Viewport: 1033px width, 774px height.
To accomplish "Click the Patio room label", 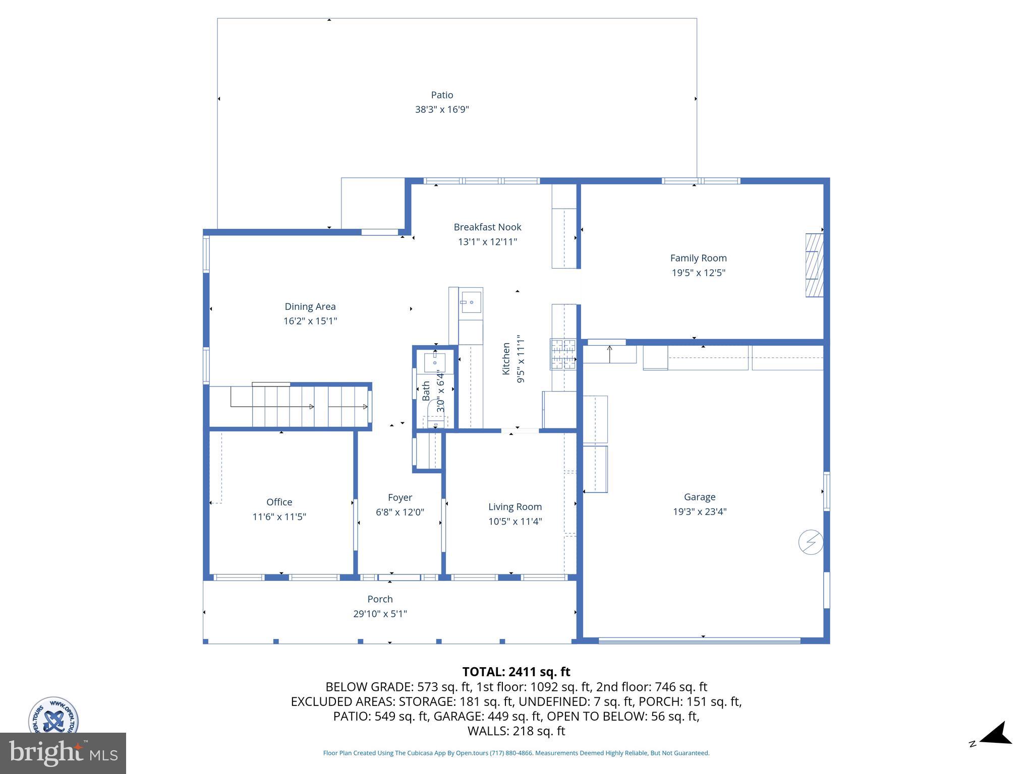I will (442, 95).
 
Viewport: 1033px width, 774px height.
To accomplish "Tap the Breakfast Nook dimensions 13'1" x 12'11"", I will (487, 242).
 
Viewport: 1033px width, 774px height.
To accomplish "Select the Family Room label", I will (698, 258).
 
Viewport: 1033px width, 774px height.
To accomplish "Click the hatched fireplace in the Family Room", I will (814, 265).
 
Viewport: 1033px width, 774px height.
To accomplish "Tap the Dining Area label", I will (310, 306).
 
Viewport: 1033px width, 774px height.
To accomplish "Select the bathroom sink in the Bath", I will (434, 361).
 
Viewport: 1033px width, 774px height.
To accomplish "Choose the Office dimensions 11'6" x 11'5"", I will (279, 517).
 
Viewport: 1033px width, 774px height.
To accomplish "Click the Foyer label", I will (400, 497).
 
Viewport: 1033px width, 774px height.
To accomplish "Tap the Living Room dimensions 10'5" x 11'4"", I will (514, 522).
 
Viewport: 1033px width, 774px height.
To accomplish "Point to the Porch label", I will (380, 599).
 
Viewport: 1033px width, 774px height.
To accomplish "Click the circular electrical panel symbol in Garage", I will (811, 543).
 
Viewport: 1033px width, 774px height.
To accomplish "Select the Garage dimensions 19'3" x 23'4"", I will (700, 511).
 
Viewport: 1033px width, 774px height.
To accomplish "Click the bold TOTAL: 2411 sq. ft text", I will (516, 672).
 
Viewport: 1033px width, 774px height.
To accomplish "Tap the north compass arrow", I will (995, 735).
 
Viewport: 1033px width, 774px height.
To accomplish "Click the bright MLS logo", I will (63, 753).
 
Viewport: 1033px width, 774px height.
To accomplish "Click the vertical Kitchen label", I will (506, 358).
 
